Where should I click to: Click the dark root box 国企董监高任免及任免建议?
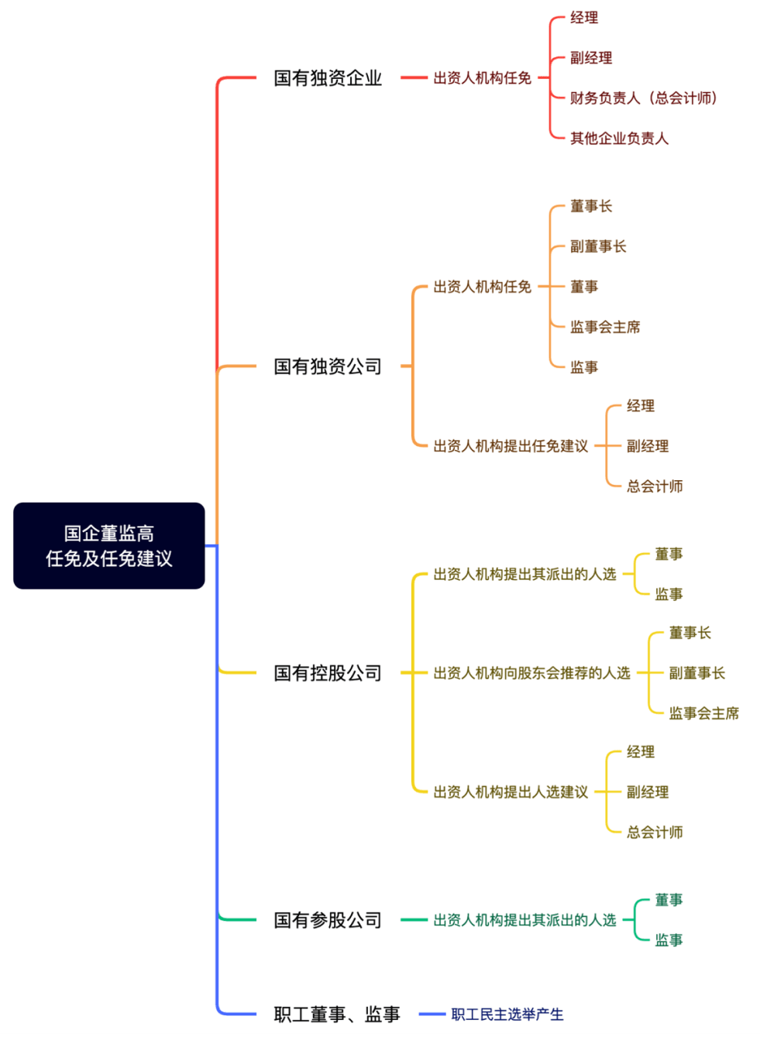[108, 545]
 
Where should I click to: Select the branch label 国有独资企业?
[328, 77]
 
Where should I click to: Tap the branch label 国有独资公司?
[328, 366]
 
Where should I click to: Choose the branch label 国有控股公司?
[328, 673]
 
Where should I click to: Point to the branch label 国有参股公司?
[328, 920]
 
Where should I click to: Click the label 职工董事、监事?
[337, 1015]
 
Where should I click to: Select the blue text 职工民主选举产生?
[507, 1015]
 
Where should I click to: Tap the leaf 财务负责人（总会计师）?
[643, 98]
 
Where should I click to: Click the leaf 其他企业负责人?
[619, 138]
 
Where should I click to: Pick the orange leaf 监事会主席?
[605, 327]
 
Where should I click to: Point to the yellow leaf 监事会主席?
[703, 713]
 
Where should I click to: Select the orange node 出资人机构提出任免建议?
[511, 446]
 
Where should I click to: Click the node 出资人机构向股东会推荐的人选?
[531, 673]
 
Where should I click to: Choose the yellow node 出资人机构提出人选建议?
[511, 791]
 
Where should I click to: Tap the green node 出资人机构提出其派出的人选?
[524, 920]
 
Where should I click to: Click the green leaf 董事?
[669, 899]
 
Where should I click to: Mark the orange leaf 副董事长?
[598, 246]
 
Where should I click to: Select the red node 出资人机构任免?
[482, 77]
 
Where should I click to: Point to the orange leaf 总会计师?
[655, 486]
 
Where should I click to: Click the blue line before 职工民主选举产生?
[432, 1015]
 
